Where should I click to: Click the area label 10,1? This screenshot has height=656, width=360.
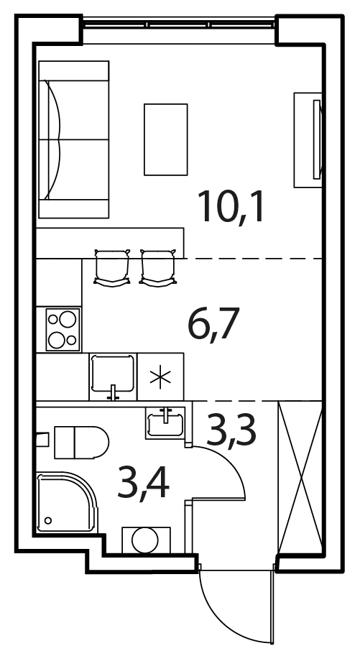[x=231, y=207]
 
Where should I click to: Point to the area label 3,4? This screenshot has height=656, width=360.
[x=143, y=484]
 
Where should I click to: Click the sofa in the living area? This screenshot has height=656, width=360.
[x=74, y=139]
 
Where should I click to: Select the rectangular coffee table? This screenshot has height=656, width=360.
[x=166, y=139]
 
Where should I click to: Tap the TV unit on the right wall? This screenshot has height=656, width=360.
[x=308, y=140]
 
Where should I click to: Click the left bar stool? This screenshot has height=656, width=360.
[x=111, y=268]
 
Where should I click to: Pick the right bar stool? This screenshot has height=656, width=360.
[x=157, y=268]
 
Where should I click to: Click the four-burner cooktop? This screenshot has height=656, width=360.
[x=63, y=329]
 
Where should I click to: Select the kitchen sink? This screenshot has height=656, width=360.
[x=113, y=376]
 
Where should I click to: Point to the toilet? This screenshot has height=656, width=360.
[x=75, y=442]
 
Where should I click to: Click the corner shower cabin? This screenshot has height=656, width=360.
[x=67, y=502]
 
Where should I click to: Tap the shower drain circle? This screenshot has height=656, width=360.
[x=48, y=520]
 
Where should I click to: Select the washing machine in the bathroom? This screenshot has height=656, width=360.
[x=146, y=540]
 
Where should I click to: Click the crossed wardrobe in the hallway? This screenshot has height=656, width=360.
[x=300, y=477]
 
